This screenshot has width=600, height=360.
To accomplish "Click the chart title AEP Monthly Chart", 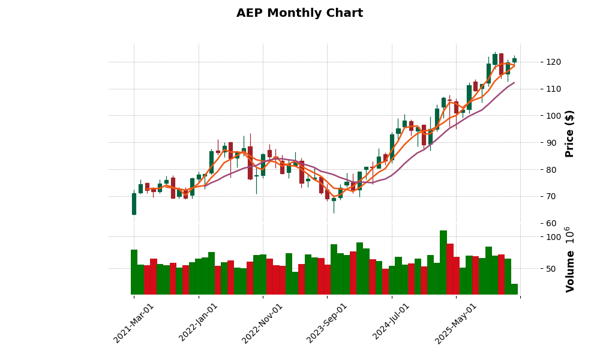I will click(299, 13).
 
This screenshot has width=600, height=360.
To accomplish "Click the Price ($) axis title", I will click(570, 133).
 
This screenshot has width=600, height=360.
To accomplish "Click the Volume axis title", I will click(570, 259).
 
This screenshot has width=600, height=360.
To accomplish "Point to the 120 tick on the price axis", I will click(536, 62).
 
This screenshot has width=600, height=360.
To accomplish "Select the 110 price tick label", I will click(536, 89).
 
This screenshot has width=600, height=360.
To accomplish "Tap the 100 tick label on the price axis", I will click(536, 116).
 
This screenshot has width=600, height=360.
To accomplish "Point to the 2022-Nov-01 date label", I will click(263, 322).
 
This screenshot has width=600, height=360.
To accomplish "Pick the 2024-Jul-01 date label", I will click(392, 322).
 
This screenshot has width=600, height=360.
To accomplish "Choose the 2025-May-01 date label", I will click(456, 322).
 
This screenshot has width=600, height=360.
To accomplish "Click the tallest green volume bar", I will click(443, 262).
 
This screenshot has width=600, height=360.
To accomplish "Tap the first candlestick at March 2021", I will click(134, 204).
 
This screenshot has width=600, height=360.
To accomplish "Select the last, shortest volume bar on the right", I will click(514, 289).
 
